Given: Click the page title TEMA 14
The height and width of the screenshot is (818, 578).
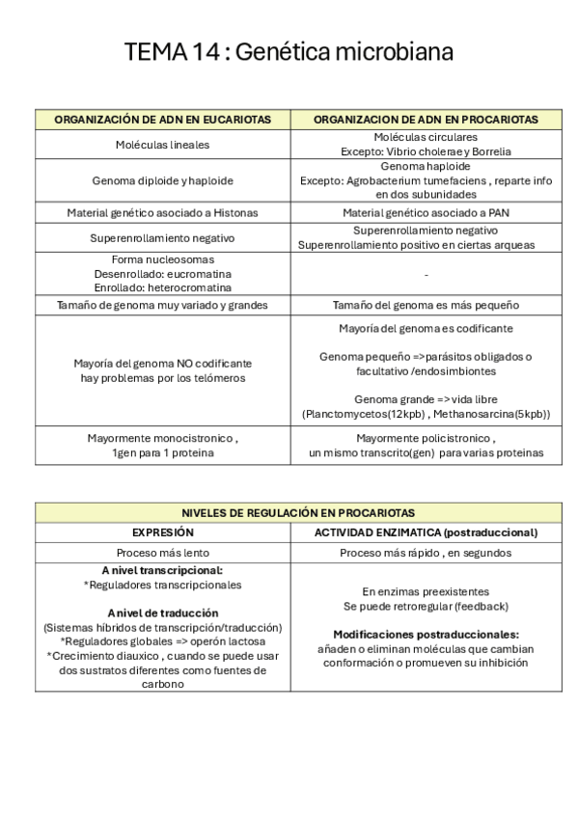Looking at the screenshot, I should (x=289, y=52).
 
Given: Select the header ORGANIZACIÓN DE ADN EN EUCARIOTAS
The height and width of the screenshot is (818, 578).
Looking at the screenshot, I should (x=162, y=120).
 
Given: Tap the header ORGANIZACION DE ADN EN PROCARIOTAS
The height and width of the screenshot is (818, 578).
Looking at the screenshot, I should (x=426, y=120).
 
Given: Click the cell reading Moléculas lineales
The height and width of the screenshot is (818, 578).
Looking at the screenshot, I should (x=162, y=145).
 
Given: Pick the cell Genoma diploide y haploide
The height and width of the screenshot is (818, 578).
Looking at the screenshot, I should (x=162, y=180).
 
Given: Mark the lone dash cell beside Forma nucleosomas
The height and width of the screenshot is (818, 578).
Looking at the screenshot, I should (x=426, y=274).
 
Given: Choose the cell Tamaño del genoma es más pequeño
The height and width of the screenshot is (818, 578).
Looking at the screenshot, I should (x=426, y=305).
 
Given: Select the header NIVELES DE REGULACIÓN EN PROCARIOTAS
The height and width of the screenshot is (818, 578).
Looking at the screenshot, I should (x=298, y=513).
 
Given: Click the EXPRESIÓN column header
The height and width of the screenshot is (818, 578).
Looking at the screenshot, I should (x=162, y=532).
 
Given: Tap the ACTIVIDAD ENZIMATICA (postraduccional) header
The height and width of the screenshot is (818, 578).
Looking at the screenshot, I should (x=426, y=532).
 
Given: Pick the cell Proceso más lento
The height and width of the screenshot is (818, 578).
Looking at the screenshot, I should (x=162, y=554).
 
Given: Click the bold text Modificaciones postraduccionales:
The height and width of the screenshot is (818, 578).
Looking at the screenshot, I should (x=426, y=635).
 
